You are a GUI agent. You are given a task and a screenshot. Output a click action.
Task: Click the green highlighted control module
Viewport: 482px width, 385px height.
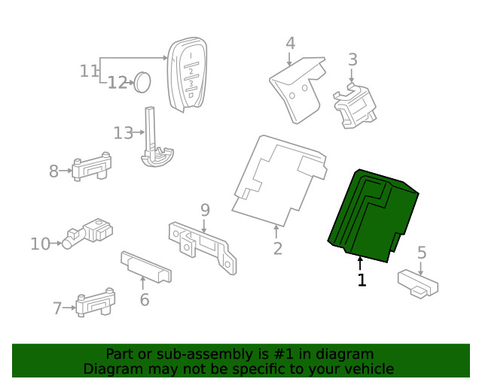click(x=372, y=217)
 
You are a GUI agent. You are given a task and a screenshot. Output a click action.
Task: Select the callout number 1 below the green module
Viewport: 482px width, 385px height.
click(x=362, y=280)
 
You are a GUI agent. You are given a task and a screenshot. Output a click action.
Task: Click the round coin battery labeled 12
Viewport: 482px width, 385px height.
click(x=142, y=81)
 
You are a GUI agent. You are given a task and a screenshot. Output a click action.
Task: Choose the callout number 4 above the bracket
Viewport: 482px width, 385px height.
click(x=290, y=43)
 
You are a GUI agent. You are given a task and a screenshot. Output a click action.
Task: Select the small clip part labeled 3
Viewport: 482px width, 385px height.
click(x=355, y=106)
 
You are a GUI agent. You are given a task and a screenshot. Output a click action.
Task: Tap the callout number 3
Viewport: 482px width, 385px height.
click(x=352, y=59)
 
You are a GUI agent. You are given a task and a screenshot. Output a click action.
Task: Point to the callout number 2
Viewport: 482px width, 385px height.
click(x=277, y=248)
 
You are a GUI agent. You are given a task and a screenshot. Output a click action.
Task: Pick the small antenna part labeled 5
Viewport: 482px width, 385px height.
click(x=418, y=284)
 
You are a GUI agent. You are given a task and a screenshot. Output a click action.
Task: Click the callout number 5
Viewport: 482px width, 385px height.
click(x=421, y=253)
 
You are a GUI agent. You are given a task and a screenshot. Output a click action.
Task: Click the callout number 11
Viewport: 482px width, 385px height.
click(x=89, y=71)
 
